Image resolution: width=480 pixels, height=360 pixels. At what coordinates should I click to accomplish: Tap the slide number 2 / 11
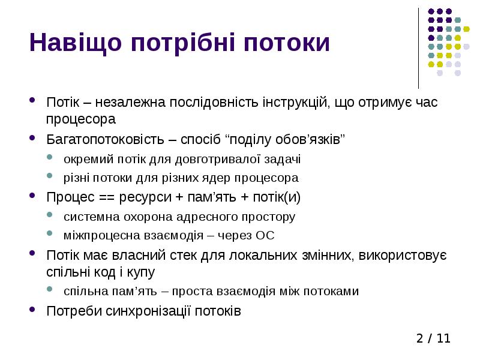(x=433, y=338)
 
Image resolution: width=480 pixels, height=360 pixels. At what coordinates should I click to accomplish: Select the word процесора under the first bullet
(x=81, y=119)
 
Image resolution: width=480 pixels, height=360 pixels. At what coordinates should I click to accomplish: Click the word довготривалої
(x=208, y=159)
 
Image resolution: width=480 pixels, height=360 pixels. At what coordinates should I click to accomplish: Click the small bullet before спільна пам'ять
(x=50, y=291)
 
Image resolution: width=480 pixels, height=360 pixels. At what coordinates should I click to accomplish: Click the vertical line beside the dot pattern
(x=419, y=48)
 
